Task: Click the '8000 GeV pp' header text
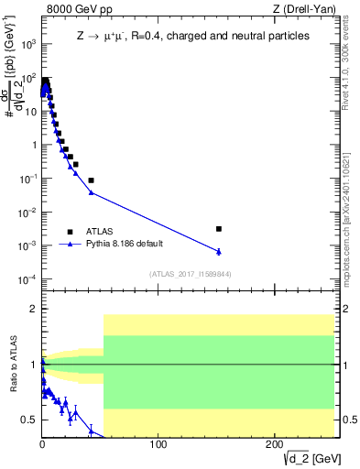point(76,8)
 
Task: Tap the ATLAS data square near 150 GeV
point(218,228)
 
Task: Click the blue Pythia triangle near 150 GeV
point(218,251)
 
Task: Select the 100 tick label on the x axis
point(158,444)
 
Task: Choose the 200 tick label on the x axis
point(274,444)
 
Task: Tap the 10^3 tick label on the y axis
point(29,44)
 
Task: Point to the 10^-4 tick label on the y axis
point(29,278)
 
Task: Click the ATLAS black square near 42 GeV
point(91,180)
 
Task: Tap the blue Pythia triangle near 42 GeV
point(91,192)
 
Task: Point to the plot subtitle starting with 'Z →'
point(191,36)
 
